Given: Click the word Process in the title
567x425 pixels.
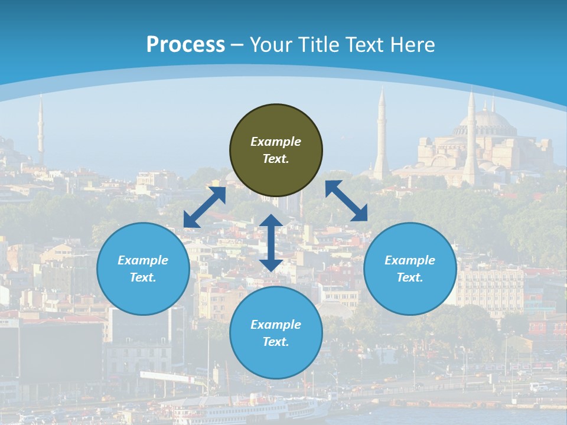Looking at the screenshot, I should tap(185, 45).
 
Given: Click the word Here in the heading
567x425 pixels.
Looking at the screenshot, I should tap(413, 45).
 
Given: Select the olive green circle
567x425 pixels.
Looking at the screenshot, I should tap(276, 150).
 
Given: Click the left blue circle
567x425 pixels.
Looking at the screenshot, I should tap(143, 269).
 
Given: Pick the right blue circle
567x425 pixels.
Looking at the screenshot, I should tap(410, 269).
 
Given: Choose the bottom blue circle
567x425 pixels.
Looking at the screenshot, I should tap(276, 333).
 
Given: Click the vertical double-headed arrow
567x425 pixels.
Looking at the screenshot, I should tap(271, 243).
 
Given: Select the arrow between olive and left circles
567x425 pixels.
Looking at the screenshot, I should tap(204, 207).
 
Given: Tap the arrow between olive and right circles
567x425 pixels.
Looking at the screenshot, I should tap(347, 201).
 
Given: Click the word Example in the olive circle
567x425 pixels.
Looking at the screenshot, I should tap(276, 142).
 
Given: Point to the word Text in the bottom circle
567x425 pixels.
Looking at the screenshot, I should tap(276, 342).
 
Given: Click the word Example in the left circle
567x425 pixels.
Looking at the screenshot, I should tap(143, 260).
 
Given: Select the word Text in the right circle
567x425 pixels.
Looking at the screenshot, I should tap(410, 277).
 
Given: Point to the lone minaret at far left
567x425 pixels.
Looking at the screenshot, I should tap(41, 130).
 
